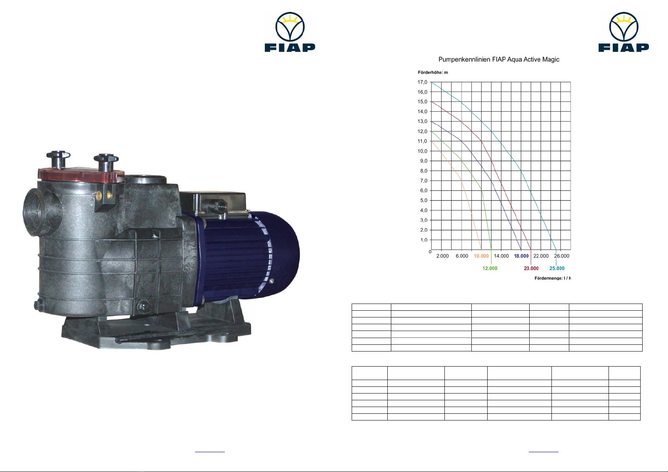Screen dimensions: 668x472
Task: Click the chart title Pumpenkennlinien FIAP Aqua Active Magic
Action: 499,59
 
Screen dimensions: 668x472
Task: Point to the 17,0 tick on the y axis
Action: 422,82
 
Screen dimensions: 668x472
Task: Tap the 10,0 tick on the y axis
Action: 422,151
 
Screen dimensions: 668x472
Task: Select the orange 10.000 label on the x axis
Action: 481,256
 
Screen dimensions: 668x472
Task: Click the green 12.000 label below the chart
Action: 490,268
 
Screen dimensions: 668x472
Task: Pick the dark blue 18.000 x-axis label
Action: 521,256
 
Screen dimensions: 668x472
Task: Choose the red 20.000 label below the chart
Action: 531,268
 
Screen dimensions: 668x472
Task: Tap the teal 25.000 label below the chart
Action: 557,268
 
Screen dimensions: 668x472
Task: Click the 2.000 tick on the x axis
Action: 442,256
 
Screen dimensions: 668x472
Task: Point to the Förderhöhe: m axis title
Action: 433,73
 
